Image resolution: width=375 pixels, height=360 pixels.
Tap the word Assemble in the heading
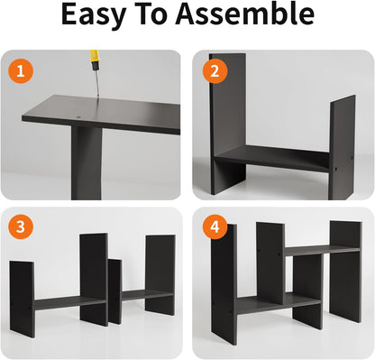pos(245,14)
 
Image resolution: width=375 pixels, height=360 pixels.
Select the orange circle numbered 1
pos(20,71)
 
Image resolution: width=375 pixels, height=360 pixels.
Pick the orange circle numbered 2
pos(215,71)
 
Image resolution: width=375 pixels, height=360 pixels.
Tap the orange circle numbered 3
pos(20,226)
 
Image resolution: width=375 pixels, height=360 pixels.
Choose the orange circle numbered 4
pos(215,226)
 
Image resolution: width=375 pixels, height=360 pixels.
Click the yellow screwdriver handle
pos(94,60)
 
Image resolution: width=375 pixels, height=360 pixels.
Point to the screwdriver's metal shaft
pos(97,83)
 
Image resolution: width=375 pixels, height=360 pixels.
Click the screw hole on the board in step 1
pos(78,116)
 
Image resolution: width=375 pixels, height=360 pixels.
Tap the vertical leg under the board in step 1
pos(87,163)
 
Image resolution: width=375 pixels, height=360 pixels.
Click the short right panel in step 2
pos(343,147)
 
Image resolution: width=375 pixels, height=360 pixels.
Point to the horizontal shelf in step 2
pos(272,158)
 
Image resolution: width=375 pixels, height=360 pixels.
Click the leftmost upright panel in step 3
pos(22,299)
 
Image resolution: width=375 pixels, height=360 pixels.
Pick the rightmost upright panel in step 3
pos(160,275)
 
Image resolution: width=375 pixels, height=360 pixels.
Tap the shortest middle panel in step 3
pos(115,291)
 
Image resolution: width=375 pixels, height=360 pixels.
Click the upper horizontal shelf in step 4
pos(323,250)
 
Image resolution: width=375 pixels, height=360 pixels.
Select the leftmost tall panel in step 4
pos(224,284)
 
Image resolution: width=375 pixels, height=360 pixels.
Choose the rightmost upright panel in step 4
pos(345,272)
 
